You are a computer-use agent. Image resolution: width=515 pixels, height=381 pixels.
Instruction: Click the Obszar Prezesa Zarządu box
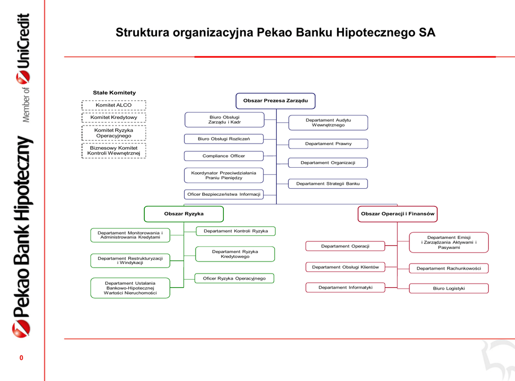tap(276, 101)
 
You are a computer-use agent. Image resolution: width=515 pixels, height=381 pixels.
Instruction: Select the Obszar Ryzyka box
tap(184, 214)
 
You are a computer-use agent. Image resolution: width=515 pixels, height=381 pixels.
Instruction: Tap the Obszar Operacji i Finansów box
tap(397, 214)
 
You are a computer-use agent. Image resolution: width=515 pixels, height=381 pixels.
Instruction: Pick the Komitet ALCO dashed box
tap(114, 105)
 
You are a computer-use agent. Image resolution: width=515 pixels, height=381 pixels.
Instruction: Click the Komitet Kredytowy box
tap(114, 117)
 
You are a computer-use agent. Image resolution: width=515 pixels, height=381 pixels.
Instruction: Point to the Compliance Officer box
tap(224, 156)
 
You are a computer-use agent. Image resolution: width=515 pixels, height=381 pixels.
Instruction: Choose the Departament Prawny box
tap(328, 144)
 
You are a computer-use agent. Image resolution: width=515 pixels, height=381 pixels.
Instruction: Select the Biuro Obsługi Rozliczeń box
tap(224, 139)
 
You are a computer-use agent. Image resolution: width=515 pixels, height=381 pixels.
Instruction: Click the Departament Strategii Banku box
tap(328, 184)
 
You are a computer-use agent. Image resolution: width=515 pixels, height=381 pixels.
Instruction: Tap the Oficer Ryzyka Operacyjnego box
tap(234, 278)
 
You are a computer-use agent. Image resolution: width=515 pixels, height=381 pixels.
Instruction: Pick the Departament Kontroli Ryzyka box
tap(235, 231)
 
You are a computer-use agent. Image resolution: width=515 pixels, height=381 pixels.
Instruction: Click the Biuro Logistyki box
tap(449, 289)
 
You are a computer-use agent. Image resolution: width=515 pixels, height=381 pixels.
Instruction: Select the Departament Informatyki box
tap(345, 288)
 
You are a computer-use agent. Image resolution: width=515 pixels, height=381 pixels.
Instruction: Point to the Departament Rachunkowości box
tap(449, 269)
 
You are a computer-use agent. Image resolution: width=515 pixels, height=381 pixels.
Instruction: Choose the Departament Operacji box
tap(345, 246)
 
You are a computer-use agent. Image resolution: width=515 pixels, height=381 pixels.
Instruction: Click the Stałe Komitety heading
tap(114, 93)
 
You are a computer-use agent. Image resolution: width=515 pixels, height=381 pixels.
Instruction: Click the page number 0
tap(21, 358)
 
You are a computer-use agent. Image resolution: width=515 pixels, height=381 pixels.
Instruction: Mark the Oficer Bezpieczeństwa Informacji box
tap(224, 194)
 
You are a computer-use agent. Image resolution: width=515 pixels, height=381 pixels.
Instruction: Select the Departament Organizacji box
tap(328, 163)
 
